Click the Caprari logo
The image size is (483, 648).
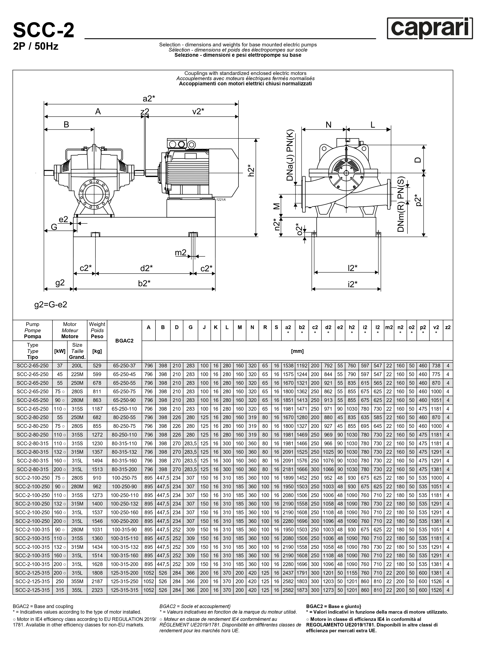coord(430,28)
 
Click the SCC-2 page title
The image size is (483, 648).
coord(44,30)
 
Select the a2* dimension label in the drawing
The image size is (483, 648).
coord(149,99)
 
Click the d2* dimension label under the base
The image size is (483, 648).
coord(147,268)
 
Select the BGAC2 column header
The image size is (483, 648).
coord(124,341)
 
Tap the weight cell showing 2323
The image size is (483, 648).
coord(97,590)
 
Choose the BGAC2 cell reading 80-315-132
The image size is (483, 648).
coord(124,452)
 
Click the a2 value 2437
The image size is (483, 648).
coord(288,573)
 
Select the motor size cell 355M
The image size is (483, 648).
coord(77,581)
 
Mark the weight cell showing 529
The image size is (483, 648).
coord(97,366)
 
